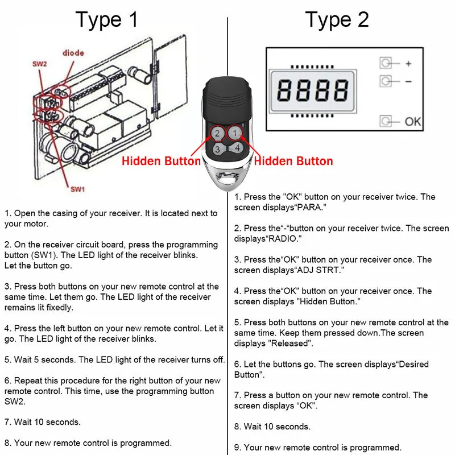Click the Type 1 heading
(x=107, y=20)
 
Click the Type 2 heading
(x=337, y=20)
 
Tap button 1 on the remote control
(x=234, y=134)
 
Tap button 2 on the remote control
(x=217, y=134)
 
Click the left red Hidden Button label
(x=161, y=161)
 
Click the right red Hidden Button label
(x=293, y=161)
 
